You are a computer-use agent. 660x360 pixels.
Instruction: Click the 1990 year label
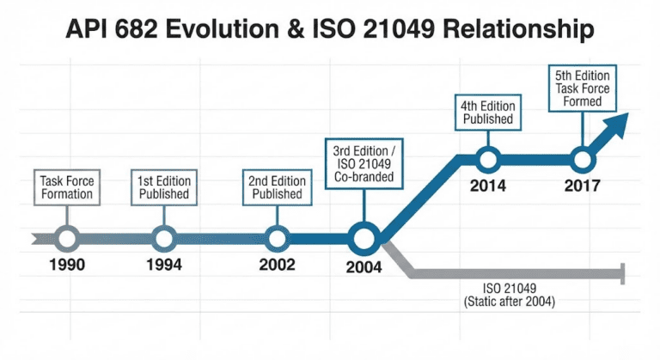(x=67, y=265)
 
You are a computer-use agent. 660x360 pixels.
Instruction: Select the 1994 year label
(x=163, y=265)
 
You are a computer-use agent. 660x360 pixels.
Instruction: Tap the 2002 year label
(x=277, y=265)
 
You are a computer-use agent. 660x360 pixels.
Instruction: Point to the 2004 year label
(x=364, y=267)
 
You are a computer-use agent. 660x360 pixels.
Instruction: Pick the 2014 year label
(x=487, y=185)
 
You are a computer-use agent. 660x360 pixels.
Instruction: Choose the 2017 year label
(x=582, y=185)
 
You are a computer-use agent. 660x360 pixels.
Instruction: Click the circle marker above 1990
(x=67, y=237)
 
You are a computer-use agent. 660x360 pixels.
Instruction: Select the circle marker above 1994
(x=163, y=237)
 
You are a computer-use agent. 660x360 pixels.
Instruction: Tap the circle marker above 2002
(x=277, y=237)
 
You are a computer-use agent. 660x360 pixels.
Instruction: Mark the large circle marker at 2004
(x=364, y=236)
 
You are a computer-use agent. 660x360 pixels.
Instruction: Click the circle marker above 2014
(x=487, y=159)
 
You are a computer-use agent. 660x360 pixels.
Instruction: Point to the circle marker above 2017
(x=582, y=159)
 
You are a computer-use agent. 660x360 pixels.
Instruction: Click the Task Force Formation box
(x=67, y=187)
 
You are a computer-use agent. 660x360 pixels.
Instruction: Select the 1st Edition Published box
(x=163, y=187)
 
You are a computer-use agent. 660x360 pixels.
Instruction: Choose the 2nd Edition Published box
(x=277, y=187)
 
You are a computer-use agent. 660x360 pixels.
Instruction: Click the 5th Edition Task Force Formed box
(x=584, y=88)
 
